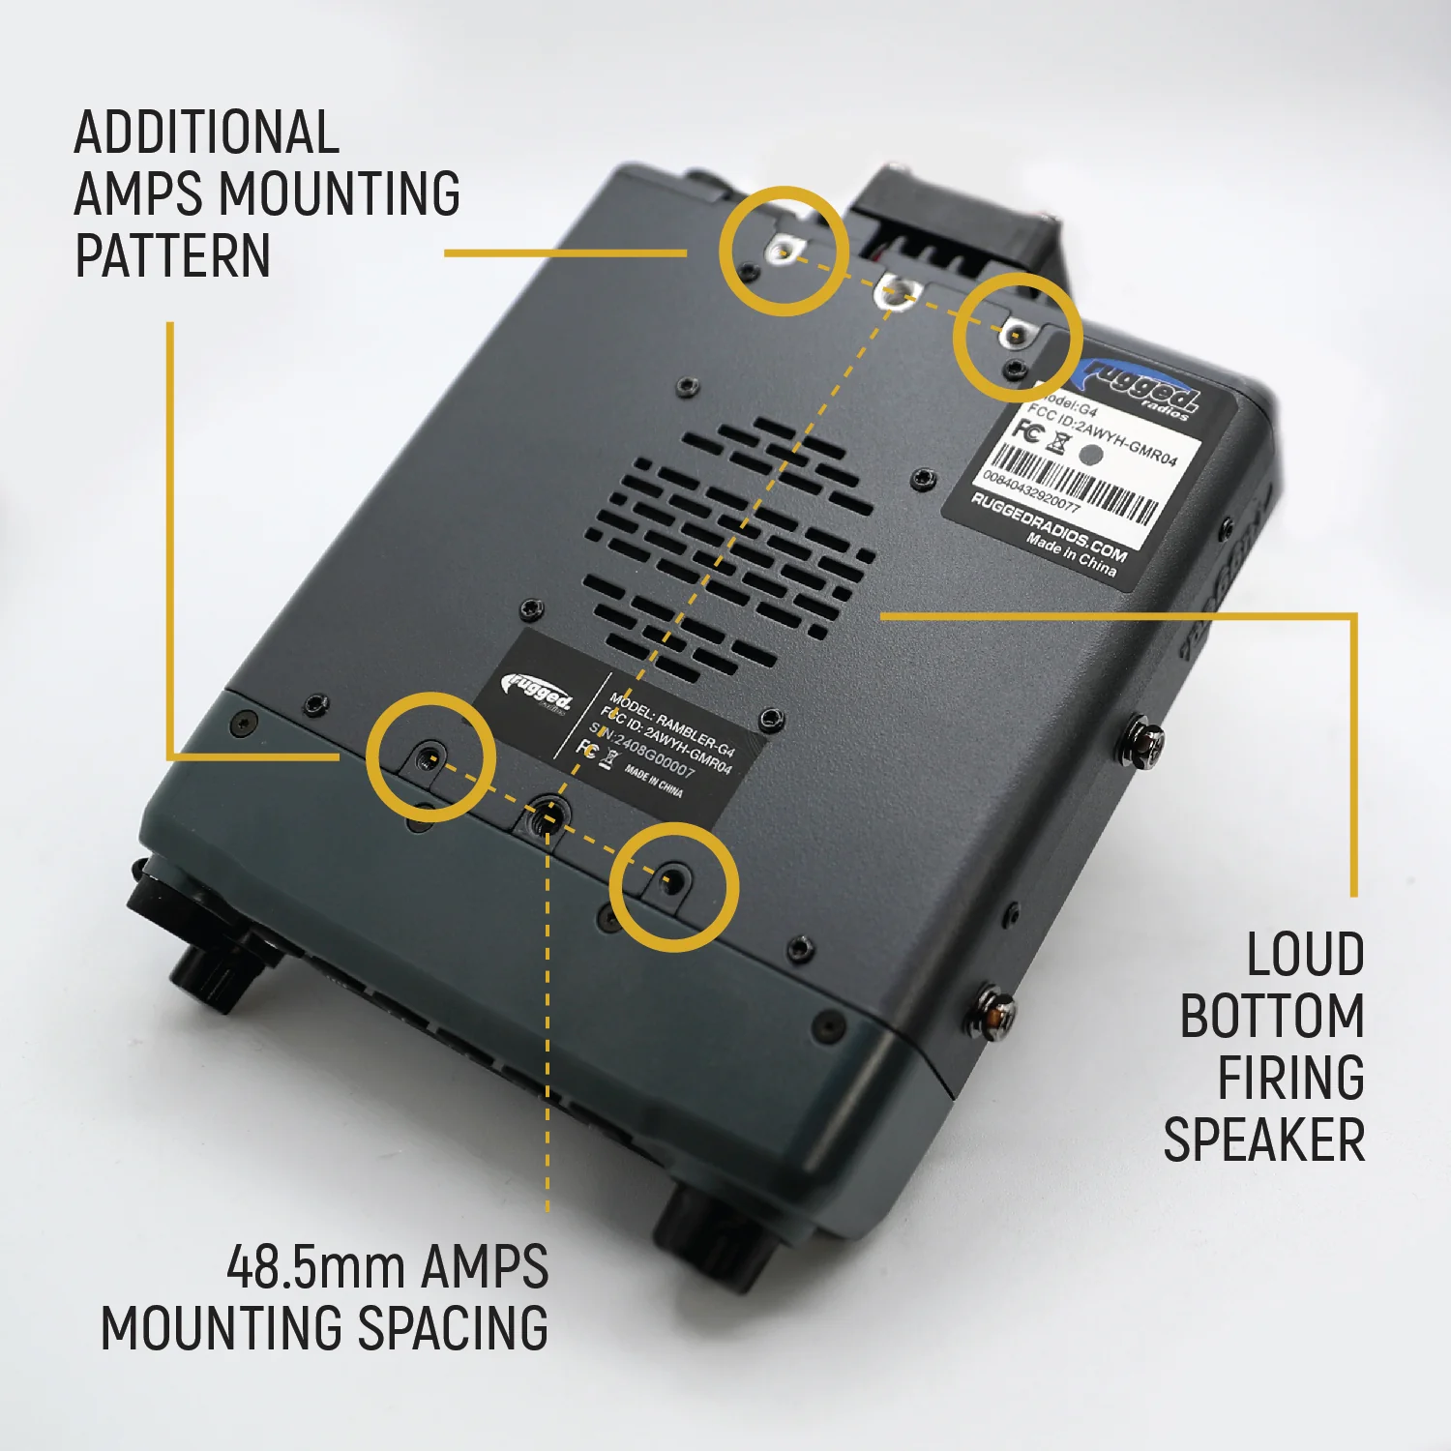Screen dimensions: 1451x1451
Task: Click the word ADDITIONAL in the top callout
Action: pyautogui.click(x=206, y=133)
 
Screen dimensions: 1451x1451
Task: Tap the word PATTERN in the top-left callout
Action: pyautogui.click(x=172, y=256)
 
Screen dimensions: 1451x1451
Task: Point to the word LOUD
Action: pyautogui.click(x=1305, y=955)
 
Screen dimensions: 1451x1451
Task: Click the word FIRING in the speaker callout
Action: pyautogui.click(x=1290, y=1079)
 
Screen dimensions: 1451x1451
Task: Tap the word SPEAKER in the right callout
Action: pyautogui.click(x=1263, y=1140)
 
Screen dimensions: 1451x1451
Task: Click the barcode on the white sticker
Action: pyautogui.click(x=1074, y=484)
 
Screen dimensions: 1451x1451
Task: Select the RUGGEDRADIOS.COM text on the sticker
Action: pyautogui.click(x=1049, y=528)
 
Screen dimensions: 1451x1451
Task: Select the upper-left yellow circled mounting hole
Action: pyautogui.click(x=783, y=252)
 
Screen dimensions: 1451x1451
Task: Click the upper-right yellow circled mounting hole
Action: pyautogui.click(x=1014, y=335)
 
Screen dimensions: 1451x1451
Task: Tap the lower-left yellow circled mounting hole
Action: pyautogui.click(x=430, y=758)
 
